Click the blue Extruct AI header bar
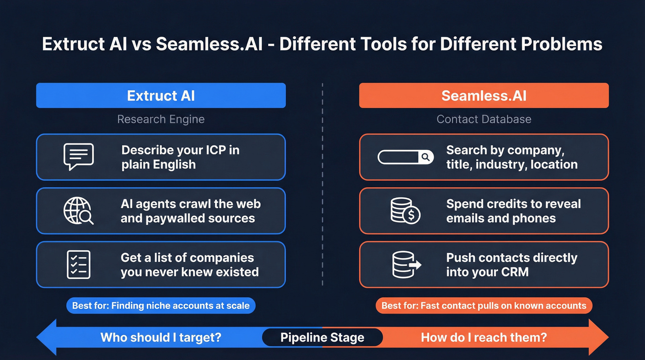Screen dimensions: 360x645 tap(161, 95)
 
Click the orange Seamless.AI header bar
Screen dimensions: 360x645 tap(484, 95)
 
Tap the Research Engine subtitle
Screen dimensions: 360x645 tap(161, 119)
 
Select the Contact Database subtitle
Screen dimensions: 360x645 tap(484, 119)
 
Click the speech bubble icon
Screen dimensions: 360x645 tap(78, 157)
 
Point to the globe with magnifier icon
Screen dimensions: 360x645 tap(78, 211)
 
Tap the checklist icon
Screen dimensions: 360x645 tap(78, 265)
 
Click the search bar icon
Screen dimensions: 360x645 tap(405, 157)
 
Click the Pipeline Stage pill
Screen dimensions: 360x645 tap(322, 337)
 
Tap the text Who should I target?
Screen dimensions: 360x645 tap(161, 337)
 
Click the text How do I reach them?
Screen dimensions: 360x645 tap(484, 337)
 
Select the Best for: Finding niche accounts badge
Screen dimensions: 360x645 tap(161, 305)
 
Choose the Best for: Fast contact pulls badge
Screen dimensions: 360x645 tap(484, 305)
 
